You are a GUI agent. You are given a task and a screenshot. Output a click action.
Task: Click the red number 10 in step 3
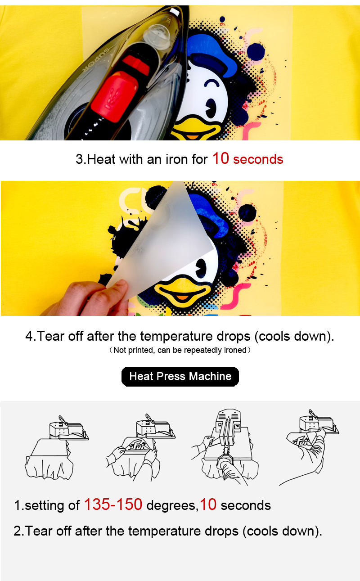tap(220, 158)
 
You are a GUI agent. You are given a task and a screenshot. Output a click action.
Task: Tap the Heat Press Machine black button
tap(180, 377)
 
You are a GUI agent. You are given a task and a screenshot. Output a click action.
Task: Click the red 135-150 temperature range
tap(113, 505)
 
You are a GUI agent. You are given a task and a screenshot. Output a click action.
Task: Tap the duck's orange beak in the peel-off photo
tap(182, 291)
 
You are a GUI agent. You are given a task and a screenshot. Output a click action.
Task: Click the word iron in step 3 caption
tap(179, 159)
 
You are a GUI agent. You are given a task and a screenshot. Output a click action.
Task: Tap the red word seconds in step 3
tap(258, 159)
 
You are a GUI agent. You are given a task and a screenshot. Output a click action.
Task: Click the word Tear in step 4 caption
tap(51, 337)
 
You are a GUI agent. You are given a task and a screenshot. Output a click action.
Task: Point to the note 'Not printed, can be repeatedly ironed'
tap(180, 350)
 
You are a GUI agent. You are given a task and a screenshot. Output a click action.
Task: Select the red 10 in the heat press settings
tap(208, 505)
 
